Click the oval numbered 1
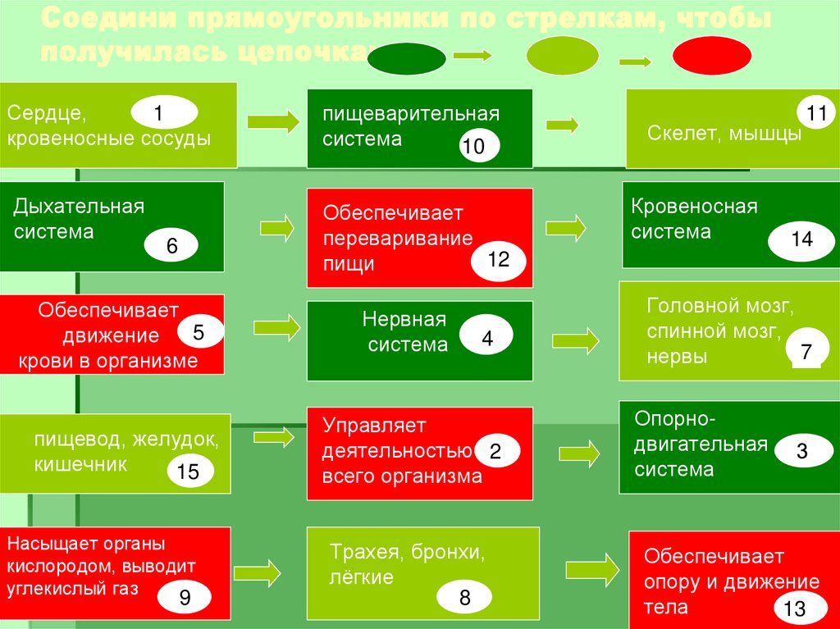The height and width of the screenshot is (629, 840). (x=163, y=111)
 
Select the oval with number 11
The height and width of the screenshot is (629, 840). (x=815, y=114)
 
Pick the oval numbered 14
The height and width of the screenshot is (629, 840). (x=801, y=239)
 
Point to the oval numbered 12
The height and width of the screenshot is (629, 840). (x=498, y=260)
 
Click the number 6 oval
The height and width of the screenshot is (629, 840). (x=171, y=246)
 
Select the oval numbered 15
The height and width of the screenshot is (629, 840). (x=188, y=472)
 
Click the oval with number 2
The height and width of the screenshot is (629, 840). (x=495, y=451)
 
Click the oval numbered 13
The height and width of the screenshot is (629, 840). (x=795, y=608)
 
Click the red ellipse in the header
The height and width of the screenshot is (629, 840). (x=711, y=57)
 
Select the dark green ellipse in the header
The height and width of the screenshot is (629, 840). (x=407, y=58)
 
